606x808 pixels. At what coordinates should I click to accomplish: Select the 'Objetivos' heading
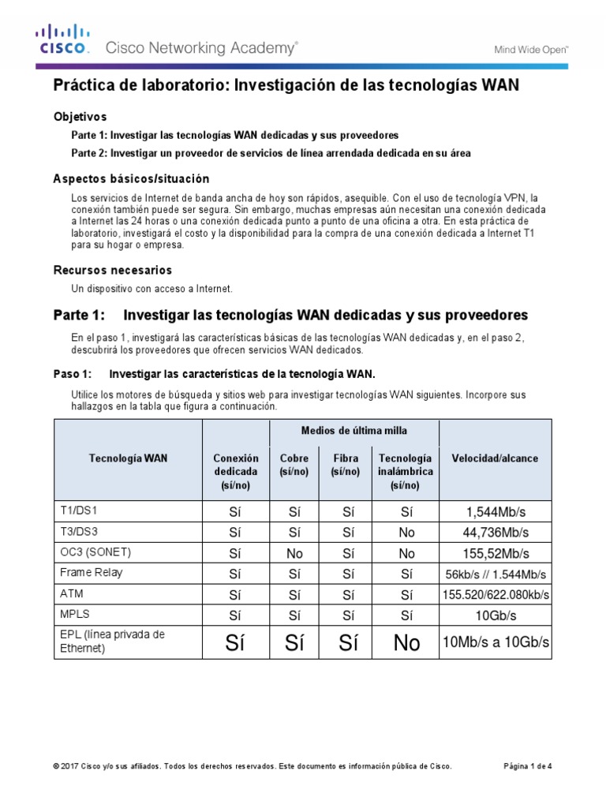pyautogui.click(x=80, y=116)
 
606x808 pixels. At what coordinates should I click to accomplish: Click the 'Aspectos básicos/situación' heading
pyautogui.click(x=131, y=179)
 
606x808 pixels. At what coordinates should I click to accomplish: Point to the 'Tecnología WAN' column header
pyautogui.click(x=128, y=458)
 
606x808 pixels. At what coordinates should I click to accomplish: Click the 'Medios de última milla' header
pyautogui.click(x=353, y=430)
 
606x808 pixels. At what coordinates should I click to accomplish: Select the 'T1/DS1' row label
pyautogui.click(x=77, y=511)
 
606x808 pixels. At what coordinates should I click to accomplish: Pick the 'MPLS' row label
pyautogui.click(x=73, y=614)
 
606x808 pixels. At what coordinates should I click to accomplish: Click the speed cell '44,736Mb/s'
pyautogui.click(x=496, y=533)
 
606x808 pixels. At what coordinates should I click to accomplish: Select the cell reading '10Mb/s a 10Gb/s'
pyautogui.click(x=496, y=644)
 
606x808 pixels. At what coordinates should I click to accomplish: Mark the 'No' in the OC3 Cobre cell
pyautogui.click(x=294, y=553)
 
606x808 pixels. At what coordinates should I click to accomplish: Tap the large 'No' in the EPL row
pyautogui.click(x=406, y=644)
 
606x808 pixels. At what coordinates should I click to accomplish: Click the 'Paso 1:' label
pyautogui.click(x=73, y=373)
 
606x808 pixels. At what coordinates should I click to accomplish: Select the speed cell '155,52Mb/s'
pyautogui.click(x=496, y=553)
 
